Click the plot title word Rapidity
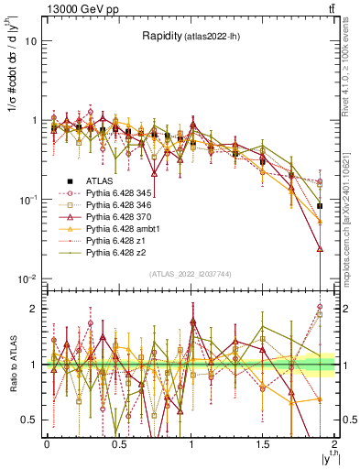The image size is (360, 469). tap(160, 37)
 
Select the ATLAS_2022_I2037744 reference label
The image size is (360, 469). tap(191, 274)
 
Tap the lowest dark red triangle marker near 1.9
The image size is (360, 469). tap(320, 248)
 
